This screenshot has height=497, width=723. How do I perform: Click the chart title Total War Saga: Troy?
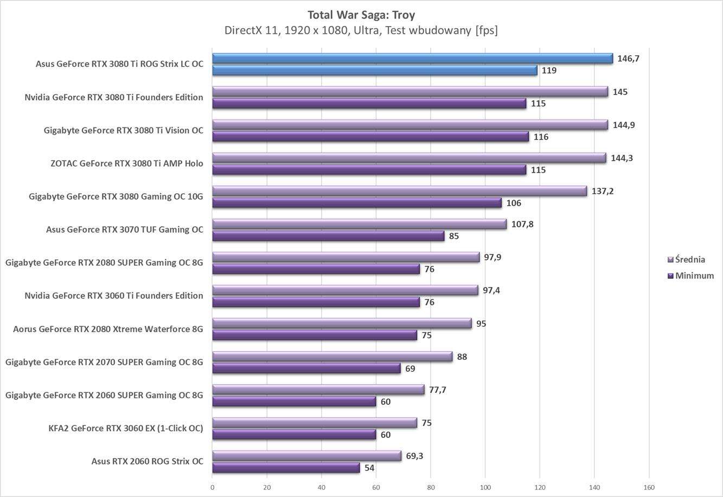click(x=361, y=15)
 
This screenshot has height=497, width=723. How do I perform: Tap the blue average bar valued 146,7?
click(x=412, y=59)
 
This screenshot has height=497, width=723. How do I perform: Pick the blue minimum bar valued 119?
click(x=374, y=71)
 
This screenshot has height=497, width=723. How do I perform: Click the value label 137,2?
click(x=603, y=191)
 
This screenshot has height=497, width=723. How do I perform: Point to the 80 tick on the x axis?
click(x=431, y=487)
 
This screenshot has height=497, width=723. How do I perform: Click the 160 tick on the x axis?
click(x=649, y=487)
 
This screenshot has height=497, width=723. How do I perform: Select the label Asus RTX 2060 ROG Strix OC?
click(x=148, y=461)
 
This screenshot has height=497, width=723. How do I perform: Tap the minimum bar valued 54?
click(x=286, y=468)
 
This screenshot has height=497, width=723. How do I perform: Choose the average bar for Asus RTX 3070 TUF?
click(x=359, y=224)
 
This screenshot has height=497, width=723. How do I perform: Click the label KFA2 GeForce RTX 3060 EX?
click(x=126, y=428)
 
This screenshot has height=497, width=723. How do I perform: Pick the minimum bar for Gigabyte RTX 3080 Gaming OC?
click(x=357, y=203)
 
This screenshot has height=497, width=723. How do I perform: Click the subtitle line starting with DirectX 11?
click(x=361, y=30)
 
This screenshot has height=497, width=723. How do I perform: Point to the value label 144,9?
click(x=624, y=125)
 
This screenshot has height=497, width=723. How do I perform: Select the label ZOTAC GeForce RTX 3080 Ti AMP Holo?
click(x=127, y=163)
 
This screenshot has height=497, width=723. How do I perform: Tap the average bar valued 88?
click(x=332, y=356)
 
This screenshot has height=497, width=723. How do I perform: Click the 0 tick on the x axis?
click(x=212, y=487)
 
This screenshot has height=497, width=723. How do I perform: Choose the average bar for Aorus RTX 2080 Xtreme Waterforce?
click(x=342, y=323)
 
